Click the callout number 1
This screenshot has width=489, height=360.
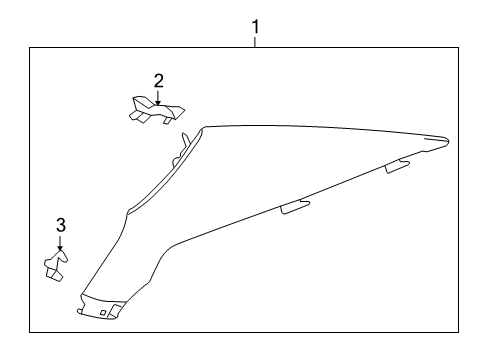[255, 26]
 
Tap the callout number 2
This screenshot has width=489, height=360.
[157, 80]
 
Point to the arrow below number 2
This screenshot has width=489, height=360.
[157, 97]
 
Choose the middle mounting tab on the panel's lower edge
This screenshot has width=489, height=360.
[296, 206]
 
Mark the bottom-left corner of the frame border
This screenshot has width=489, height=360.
[29, 333]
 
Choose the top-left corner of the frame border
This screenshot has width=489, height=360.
[29, 48]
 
